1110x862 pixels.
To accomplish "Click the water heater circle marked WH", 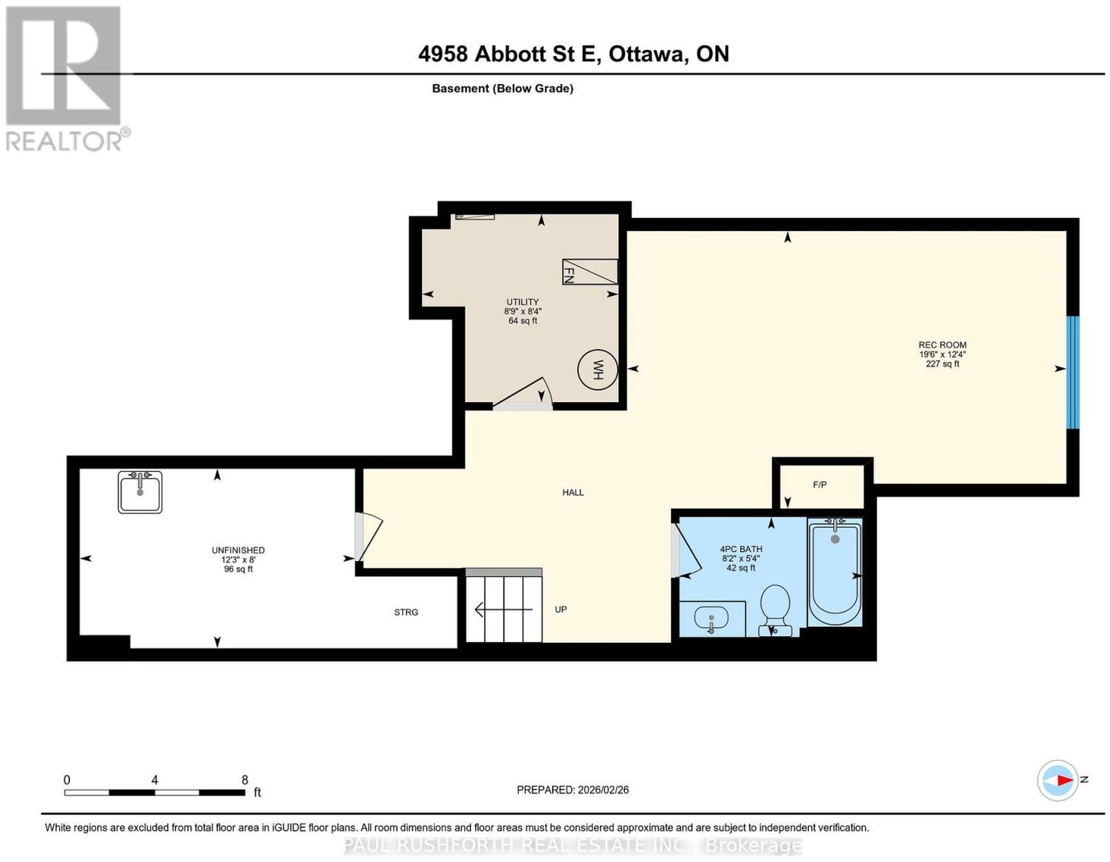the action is coord(597,370).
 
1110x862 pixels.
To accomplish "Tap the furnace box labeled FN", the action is coord(590,272).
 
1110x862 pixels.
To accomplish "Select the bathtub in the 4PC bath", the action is coord(835,571).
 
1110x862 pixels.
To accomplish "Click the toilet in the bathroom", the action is coord(774,610).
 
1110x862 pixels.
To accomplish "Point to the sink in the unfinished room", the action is coord(140,492).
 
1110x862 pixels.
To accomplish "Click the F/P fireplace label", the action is coord(819,484).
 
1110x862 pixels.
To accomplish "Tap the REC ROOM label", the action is coord(942,345).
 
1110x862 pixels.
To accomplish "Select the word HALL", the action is coord(572,492).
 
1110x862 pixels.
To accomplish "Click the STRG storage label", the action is coord(406,612).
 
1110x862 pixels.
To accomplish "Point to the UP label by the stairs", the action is coord(561,610).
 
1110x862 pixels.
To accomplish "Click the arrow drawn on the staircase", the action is coord(504,610).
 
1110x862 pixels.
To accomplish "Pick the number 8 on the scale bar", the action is coord(245,780).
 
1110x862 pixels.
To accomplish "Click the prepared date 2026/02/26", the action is coord(604,790).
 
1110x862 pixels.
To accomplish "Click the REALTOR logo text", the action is coord(65,142).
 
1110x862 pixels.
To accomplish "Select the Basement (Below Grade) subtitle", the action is coord(503,88).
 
